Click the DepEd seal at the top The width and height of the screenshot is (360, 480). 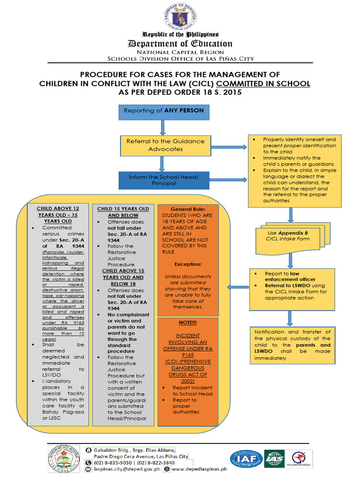pyautogui.click(x=180, y=17)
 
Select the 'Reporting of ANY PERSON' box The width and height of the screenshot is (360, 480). pyautogui.click(x=163, y=111)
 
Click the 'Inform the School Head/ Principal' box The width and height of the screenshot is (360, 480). pyautogui.click(x=163, y=180)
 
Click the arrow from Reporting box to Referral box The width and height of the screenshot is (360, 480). pyautogui.click(x=163, y=127)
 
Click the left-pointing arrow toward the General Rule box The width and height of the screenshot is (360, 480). pyautogui.click(x=237, y=287)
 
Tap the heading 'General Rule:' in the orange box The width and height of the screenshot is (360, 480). pyautogui.click(x=187, y=209)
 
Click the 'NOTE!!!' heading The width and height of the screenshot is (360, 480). pyautogui.click(x=187, y=323)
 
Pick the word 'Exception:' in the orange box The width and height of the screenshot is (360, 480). pyautogui.click(x=187, y=264)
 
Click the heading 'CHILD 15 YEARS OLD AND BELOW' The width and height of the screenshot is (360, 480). pyautogui.click(x=123, y=212)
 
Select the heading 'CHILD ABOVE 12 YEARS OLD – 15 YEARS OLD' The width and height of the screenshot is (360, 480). pyautogui.click(x=58, y=215)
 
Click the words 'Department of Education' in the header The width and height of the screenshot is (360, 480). pyautogui.click(x=180, y=44)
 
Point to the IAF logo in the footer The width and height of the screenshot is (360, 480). pyautogui.click(x=246, y=459)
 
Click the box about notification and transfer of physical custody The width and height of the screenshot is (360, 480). pyautogui.click(x=292, y=345)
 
